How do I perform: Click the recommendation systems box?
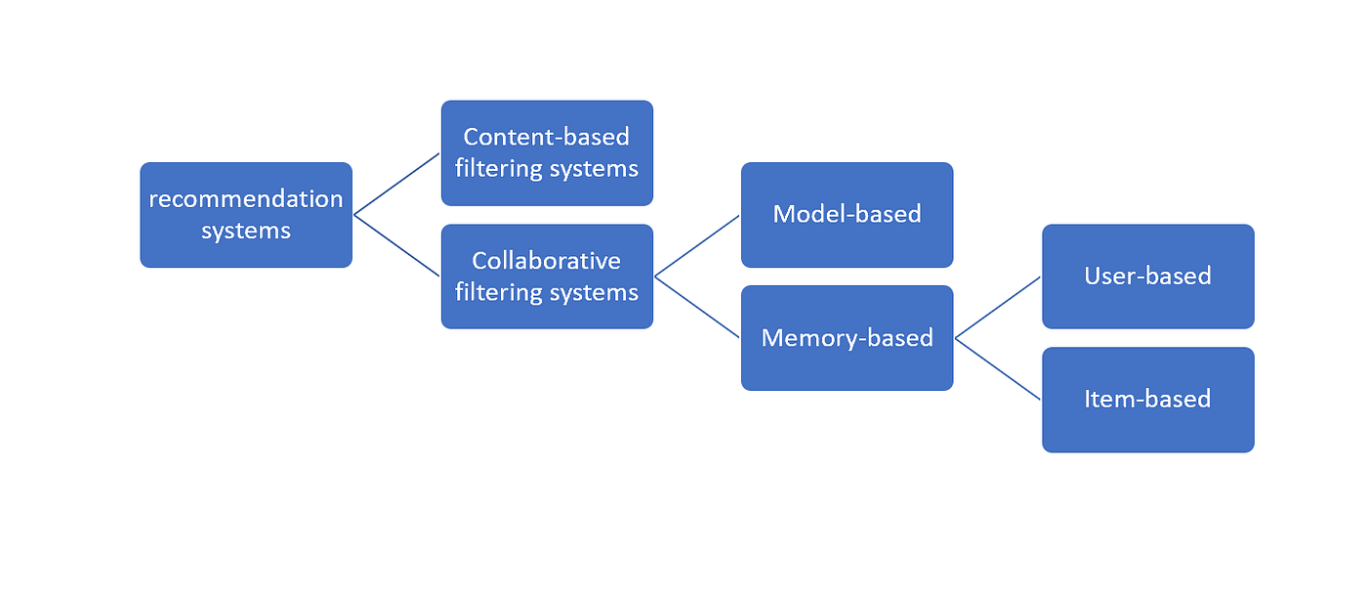click(x=246, y=215)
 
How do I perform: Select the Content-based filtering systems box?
click(x=547, y=153)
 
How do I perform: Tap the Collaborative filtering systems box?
click(x=547, y=277)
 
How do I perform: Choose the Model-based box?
click(x=847, y=215)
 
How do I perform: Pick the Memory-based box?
click(x=847, y=338)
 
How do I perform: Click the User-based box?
click(x=1147, y=277)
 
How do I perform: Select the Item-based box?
click(x=1147, y=400)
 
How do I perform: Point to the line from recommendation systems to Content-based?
click(x=396, y=184)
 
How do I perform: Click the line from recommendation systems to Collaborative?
click(x=396, y=245)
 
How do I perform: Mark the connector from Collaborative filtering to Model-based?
click(x=697, y=245)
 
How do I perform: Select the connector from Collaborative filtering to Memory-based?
click(x=697, y=307)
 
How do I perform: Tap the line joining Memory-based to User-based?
click(x=998, y=307)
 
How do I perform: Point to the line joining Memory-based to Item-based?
click(x=998, y=368)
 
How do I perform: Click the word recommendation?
click(x=246, y=199)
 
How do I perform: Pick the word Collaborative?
click(x=547, y=261)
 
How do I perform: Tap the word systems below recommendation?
click(x=246, y=231)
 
